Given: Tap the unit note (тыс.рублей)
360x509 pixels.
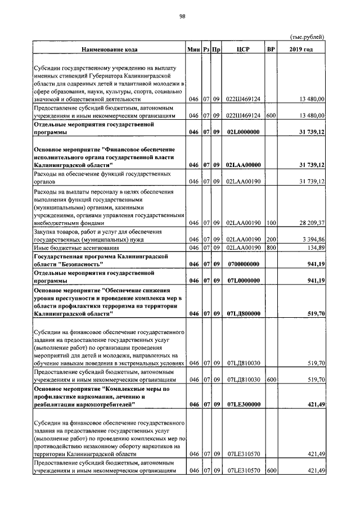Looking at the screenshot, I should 308,37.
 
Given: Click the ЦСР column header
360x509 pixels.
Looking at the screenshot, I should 243,49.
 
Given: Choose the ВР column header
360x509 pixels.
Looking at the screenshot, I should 271,49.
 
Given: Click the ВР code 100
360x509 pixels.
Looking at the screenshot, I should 271,223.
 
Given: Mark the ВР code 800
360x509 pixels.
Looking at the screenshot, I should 271,247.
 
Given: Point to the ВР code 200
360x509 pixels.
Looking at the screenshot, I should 271,239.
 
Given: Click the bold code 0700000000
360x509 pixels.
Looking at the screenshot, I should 243,264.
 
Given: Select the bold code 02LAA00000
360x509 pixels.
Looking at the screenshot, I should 243,165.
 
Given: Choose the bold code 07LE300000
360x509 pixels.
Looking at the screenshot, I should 243,404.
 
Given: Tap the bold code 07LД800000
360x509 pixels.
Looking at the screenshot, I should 243,313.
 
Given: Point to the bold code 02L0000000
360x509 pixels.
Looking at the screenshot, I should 243,132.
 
